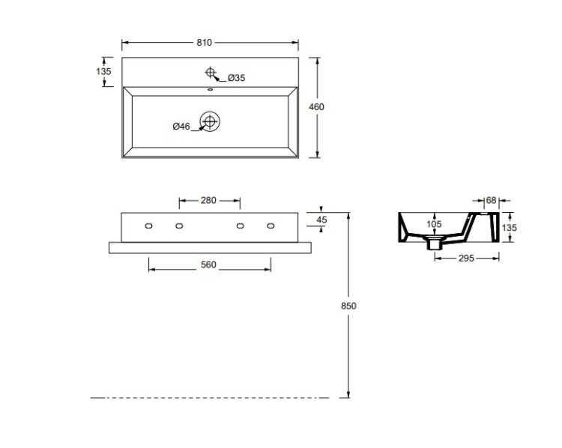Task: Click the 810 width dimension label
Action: pyautogui.click(x=205, y=43)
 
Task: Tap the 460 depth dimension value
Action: pyautogui.click(x=316, y=107)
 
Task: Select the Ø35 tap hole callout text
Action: pyautogui.click(x=236, y=78)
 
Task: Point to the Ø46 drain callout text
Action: pyautogui.click(x=181, y=126)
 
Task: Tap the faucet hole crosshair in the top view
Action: pyautogui.click(x=210, y=73)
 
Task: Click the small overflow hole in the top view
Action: pyautogui.click(x=210, y=90)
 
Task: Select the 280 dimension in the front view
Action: pyautogui.click(x=208, y=200)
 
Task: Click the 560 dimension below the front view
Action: pyautogui.click(x=208, y=265)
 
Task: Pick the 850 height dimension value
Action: pyautogui.click(x=348, y=306)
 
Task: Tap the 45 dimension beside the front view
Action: pyautogui.click(x=322, y=220)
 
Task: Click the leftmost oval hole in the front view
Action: pyautogui.click(x=149, y=225)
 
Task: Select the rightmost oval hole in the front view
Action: pyautogui.click(x=271, y=225)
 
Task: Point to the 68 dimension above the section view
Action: pyautogui.click(x=491, y=200)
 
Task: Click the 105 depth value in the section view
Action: pyautogui.click(x=434, y=224)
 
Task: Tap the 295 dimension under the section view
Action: pyautogui.click(x=466, y=258)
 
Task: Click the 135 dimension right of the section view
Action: pyautogui.click(x=510, y=228)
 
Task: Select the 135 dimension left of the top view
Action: pyautogui.click(x=103, y=71)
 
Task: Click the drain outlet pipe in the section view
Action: pyautogui.click(x=434, y=244)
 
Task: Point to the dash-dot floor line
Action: pyautogui.click(x=210, y=398)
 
